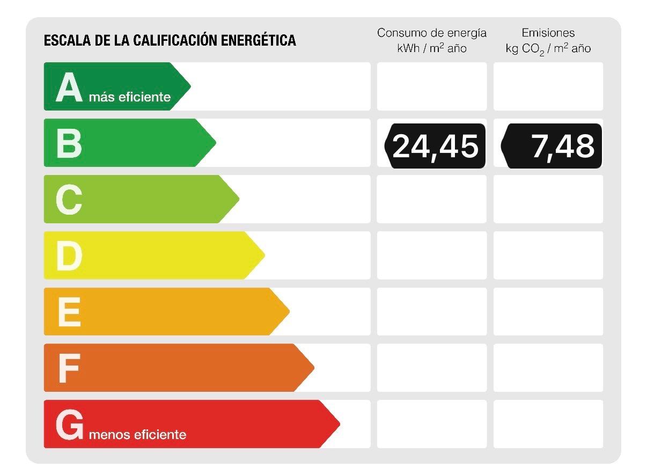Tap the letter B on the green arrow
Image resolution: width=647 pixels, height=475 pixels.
point(69,143)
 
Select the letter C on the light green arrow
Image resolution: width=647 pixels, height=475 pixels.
point(69,200)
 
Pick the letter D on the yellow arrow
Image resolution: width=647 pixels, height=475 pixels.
point(69,256)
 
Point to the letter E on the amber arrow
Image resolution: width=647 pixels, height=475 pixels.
point(69,312)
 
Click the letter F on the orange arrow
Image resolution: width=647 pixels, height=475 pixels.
point(69,368)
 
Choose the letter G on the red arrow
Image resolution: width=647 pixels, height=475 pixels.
point(69,425)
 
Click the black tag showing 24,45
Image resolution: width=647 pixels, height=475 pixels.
point(435,146)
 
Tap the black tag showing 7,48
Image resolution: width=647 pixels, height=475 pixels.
point(552,146)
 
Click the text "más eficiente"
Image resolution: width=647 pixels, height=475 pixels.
point(130,97)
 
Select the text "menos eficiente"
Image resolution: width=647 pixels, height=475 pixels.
point(137,435)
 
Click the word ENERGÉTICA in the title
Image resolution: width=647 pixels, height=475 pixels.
point(259,40)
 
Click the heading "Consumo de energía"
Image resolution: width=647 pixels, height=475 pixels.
point(432,33)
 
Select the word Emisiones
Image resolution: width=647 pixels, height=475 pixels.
point(548,33)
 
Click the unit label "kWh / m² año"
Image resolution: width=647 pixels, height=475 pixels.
point(432,48)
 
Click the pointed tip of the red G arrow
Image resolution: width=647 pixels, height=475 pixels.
point(340,424)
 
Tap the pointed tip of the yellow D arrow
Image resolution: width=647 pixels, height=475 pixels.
point(264,255)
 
